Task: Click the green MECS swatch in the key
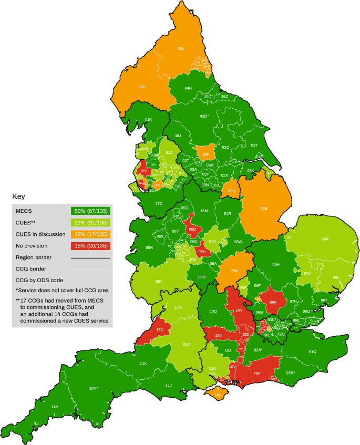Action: [91, 210]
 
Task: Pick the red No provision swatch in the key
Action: [91, 245]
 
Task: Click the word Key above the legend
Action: [18, 196]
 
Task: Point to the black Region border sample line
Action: [91, 257]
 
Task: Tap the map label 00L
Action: [181, 48]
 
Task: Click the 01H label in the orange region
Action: [141, 87]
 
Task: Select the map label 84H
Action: [188, 88]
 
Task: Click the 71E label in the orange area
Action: [264, 209]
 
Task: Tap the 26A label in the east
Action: [325, 239]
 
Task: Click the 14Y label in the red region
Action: [239, 311]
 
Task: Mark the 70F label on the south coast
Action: [257, 374]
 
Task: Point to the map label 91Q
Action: [312, 351]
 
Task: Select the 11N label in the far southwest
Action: [54, 407]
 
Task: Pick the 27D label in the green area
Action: [159, 204]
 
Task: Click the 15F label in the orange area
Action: [206, 155]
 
